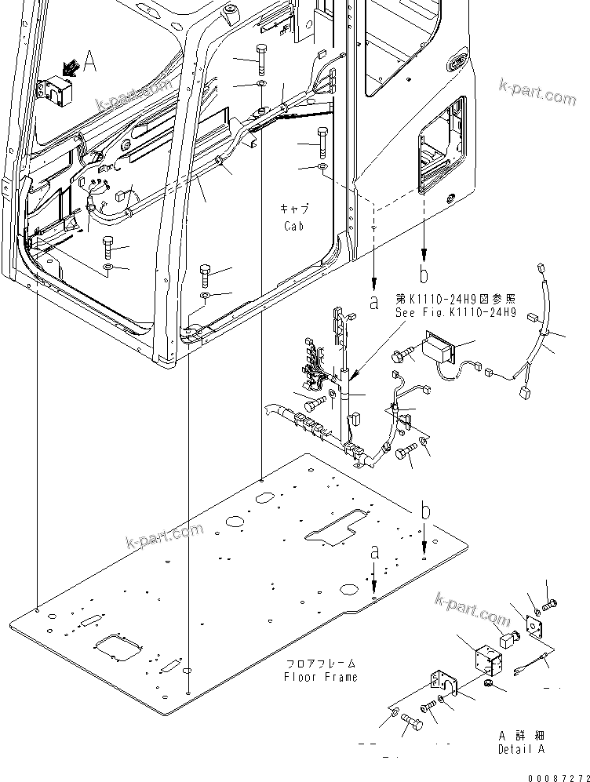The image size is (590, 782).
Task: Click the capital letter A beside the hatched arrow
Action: (x=90, y=63)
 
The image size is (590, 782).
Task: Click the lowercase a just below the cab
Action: (x=374, y=300)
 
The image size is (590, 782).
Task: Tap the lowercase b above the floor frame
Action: (x=424, y=513)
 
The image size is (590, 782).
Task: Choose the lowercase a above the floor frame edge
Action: (x=374, y=553)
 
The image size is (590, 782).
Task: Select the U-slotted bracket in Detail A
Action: (x=439, y=682)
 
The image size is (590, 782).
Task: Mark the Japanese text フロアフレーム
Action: (x=320, y=663)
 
